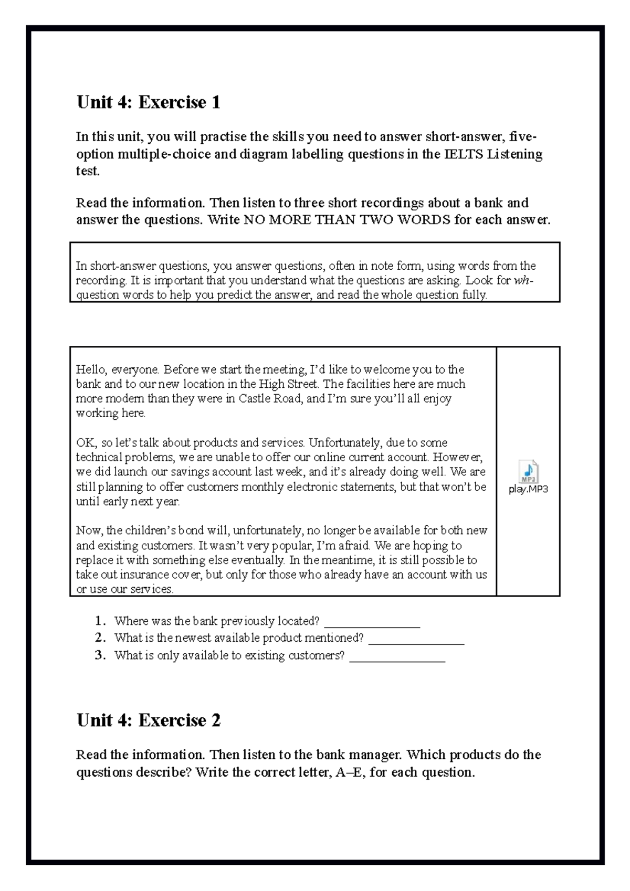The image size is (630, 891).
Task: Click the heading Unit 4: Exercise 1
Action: coord(149,102)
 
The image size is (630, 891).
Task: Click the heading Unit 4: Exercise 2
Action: coord(149,720)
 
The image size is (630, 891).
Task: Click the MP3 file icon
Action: coord(528,471)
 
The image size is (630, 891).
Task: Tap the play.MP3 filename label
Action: coord(528,489)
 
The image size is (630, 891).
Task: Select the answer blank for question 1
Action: coord(372,622)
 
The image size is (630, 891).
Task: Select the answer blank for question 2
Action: coord(416,639)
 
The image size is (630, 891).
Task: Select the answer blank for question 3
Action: coord(397,656)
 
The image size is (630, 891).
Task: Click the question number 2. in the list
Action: coord(101,638)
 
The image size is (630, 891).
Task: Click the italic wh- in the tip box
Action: coord(523,280)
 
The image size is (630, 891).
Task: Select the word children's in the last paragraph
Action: coord(151,531)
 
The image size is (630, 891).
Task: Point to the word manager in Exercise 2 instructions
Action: coord(376,755)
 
